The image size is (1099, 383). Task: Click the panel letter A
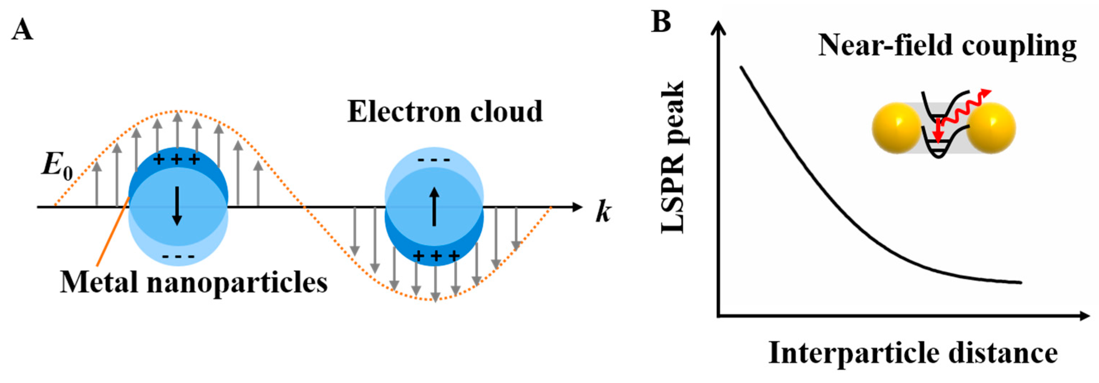pos(22,30)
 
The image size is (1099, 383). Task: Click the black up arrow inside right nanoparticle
pos(434,207)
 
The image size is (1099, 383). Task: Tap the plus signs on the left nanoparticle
pos(177,159)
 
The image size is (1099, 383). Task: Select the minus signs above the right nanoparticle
pos(434,160)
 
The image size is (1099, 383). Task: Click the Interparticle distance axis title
pos(913,353)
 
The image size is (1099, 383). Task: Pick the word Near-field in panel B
pos(884,45)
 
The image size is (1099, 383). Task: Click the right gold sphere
pos(991,128)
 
